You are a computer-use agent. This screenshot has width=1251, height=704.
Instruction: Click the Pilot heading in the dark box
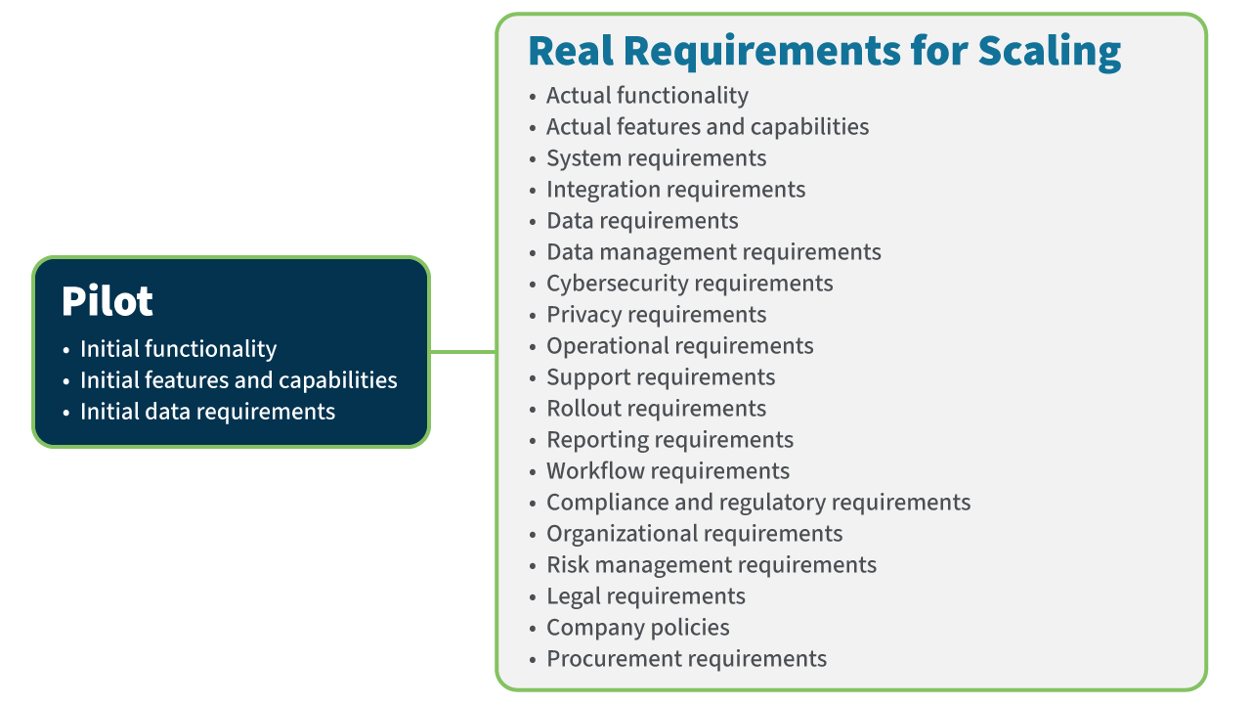[108, 302]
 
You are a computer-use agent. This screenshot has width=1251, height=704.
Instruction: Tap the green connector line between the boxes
[462, 352]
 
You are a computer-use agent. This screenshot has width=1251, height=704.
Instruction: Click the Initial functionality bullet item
[178, 349]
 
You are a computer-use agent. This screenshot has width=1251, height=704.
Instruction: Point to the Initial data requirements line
[207, 412]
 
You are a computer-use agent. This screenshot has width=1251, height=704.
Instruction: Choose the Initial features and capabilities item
[238, 380]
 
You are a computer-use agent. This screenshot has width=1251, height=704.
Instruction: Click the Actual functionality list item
[647, 96]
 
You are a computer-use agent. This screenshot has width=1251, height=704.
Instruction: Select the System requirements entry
[656, 158]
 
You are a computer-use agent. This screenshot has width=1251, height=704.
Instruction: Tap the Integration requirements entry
[675, 190]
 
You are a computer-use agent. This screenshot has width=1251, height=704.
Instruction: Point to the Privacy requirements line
[656, 315]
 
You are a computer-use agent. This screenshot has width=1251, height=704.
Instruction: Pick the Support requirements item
[661, 377]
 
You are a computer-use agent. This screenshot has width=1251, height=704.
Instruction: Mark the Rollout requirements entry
[656, 409]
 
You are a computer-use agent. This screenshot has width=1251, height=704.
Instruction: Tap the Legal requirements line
[645, 596]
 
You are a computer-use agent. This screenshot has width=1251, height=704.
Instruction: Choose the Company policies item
[637, 628]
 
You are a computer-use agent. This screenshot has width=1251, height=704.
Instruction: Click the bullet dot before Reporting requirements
[533, 441]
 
